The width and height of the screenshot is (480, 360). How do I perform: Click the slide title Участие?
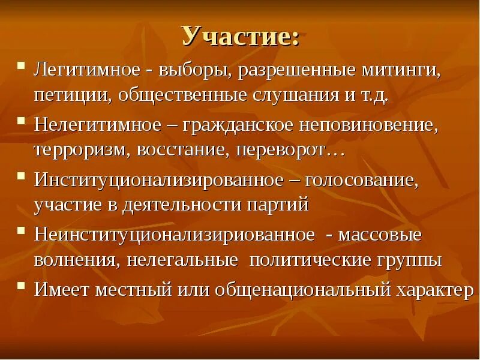tap(240, 37)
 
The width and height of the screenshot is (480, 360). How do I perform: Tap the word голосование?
tap(361, 181)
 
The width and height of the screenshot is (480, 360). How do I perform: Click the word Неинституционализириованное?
tap(174, 235)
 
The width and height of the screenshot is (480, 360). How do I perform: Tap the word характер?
tap(434, 290)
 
